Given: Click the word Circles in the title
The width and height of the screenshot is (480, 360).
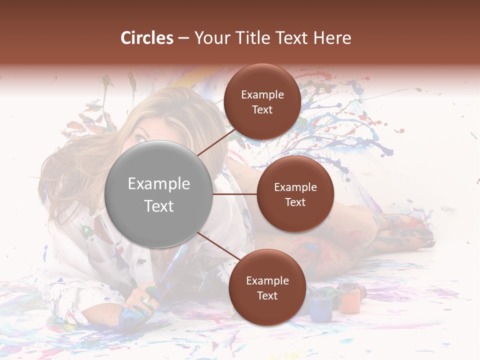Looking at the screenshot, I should pos(147,38).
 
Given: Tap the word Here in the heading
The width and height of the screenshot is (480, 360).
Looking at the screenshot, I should pos(332,38).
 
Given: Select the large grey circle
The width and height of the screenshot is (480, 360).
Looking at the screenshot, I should pos(159,194).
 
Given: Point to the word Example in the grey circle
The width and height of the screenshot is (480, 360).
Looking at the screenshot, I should pos(159,183).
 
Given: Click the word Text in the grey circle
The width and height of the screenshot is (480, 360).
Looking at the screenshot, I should pos(159,206).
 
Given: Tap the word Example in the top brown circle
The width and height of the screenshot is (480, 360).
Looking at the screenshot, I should pos(262,95).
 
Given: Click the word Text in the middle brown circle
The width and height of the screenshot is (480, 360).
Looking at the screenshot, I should pos(295,202).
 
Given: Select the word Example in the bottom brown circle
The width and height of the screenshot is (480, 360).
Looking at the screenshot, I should pos(267,281).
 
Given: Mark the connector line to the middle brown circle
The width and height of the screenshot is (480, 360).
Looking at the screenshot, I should pos(235,194).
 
